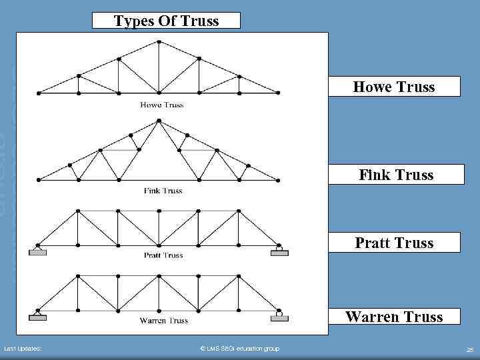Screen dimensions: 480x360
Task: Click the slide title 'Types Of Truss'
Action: point(167,21)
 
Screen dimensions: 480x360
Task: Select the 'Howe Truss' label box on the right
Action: point(393,87)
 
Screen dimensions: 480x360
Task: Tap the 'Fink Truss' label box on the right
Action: point(395,175)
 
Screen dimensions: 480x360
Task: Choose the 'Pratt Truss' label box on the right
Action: point(394,243)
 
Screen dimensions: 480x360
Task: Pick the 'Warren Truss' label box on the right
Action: point(393,316)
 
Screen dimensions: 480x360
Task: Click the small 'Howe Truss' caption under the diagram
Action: point(162,105)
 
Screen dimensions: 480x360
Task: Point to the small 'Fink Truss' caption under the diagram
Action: point(163,191)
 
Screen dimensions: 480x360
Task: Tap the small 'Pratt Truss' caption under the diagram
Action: point(163,255)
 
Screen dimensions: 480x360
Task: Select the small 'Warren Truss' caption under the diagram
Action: point(163,321)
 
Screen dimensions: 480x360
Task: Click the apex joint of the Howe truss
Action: point(159,41)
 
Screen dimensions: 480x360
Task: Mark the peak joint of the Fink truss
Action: point(159,121)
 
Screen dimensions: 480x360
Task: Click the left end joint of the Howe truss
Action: point(39,93)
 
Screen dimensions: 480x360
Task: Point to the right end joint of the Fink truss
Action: point(279,180)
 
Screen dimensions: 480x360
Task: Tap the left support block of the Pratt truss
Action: point(37,252)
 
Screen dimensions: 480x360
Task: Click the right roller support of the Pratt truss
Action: point(279,251)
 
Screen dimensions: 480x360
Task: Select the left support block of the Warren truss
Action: point(37,318)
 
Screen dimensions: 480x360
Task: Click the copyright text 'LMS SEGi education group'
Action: point(240,349)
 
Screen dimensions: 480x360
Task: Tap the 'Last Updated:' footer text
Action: point(23,349)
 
